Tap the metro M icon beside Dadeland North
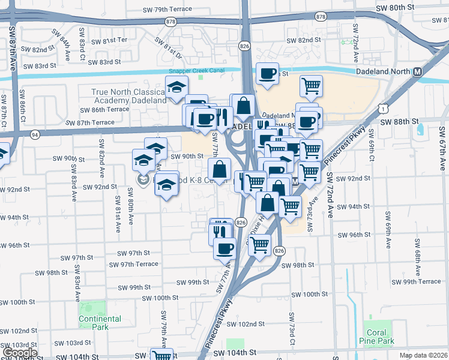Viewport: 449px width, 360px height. pyautogui.click(x=417, y=71)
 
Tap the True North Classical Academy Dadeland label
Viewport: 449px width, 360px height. pyautogui.click(x=128, y=96)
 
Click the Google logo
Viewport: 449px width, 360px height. pyautogui.click(x=20, y=353)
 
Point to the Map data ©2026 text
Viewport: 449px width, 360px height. pyautogui.click(x=422, y=355)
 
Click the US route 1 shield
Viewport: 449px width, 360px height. pyautogui.click(x=383, y=107)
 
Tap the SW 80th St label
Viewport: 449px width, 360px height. pyautogui.click(x=394, y=7)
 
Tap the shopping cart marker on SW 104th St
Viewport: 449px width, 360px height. pyautogui.click(x=161, y=355)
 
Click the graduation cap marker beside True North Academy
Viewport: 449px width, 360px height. pyautogui.click(x=177, y=88)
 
